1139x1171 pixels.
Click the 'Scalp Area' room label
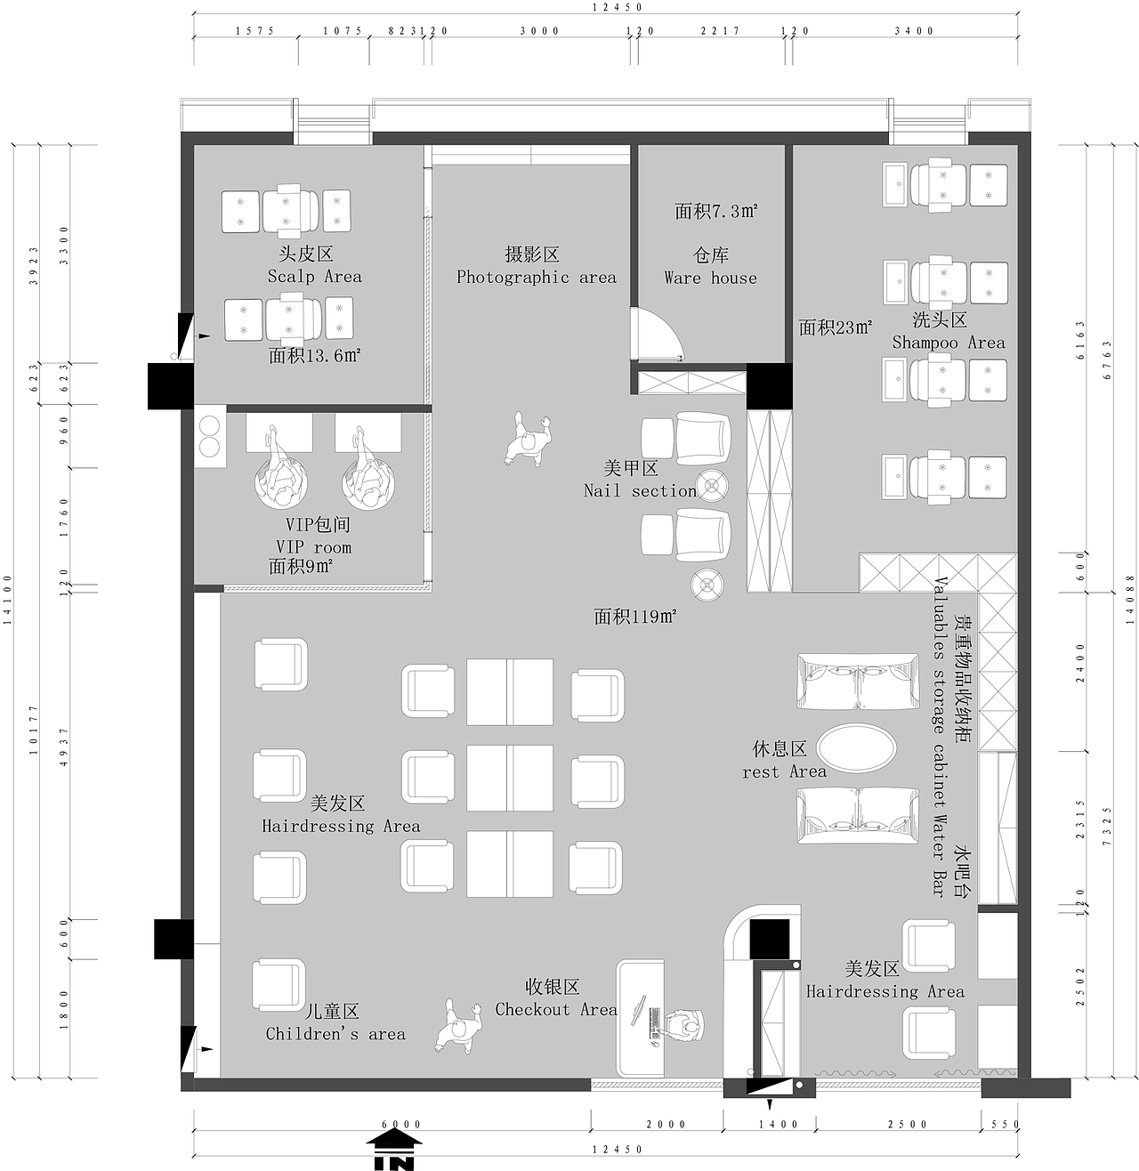pos(315,276)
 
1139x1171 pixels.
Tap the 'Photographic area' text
pos(536,277)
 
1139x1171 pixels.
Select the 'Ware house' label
pos(710,278)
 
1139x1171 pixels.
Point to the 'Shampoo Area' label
pos(949,343)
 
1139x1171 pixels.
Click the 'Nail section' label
pos(640,490)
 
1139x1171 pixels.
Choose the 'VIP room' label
pos(313,547)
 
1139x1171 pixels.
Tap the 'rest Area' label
pos(784,771)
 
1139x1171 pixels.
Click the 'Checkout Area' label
pos(556,1009)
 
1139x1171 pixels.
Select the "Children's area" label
pos(335,1034)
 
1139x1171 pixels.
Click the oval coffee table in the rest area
pos(856,748)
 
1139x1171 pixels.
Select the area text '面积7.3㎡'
pos(715,211)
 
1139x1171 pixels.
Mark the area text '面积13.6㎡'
pos(315,356)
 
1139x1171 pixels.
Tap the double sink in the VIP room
pos(211,438)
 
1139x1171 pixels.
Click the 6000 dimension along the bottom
pos(401,1125)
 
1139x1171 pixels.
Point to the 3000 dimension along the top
pos(539,31)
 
